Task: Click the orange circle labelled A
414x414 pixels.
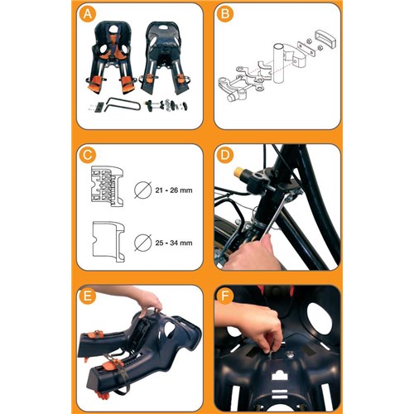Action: pos(87,13)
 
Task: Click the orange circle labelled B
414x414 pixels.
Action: pos(225,13)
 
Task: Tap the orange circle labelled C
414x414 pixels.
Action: pos(87,155)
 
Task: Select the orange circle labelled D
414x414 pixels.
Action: pos(225,155)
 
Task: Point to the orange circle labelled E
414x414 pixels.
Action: pos(87,296)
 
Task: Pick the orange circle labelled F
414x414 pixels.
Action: pos(225,296)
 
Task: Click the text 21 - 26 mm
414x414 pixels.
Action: pos(174,190)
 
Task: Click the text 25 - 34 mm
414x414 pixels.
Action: pos(174,243)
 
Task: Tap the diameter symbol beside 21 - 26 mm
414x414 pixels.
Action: pos(143,190)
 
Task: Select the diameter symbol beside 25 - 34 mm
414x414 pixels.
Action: pos(143,243)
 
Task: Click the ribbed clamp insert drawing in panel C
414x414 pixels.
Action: pos(107,186)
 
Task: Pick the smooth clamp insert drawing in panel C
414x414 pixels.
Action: pos(108,242)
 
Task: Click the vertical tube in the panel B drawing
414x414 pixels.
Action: pos(279,63)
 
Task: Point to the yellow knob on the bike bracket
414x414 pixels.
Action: pos(238,172)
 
